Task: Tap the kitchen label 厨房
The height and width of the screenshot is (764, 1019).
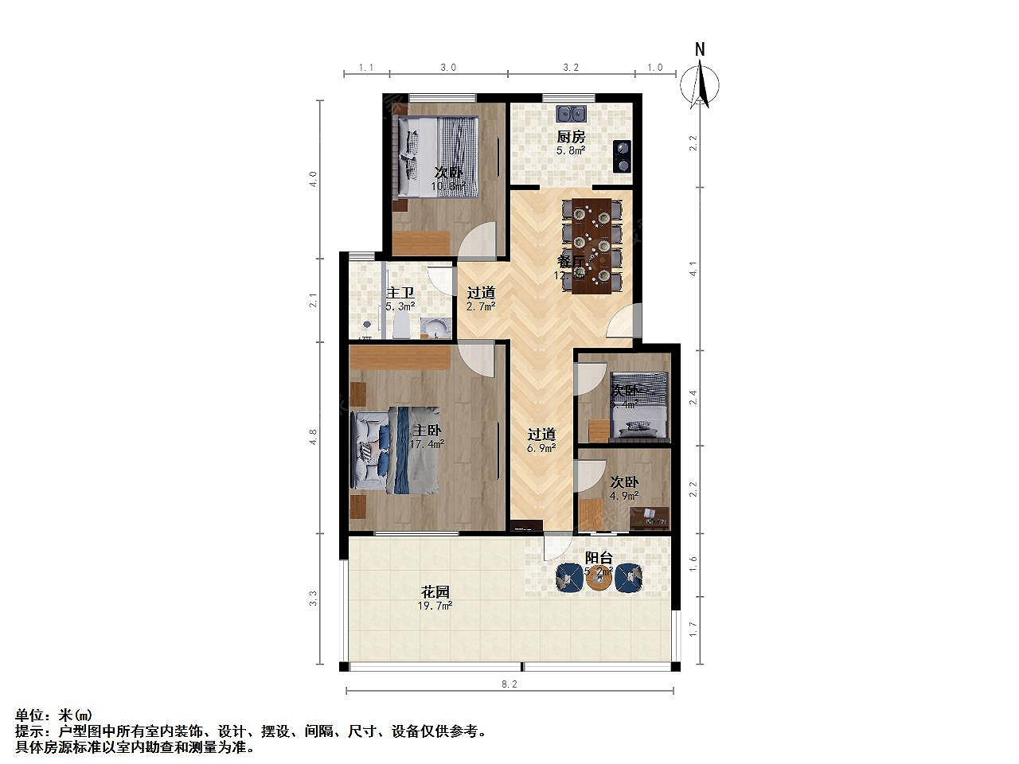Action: tap(570, 137)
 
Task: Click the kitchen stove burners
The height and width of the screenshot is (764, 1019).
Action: tap(622, 157)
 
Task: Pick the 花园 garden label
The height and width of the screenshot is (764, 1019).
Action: tap(435, 592)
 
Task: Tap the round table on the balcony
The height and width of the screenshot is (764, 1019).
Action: tap(599, 579)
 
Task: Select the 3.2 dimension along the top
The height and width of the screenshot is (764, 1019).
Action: tap(570, 68)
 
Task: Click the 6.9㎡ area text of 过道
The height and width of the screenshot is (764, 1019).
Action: tap(541, 448)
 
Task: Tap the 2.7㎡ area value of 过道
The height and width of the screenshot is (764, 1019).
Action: tap(481, 306)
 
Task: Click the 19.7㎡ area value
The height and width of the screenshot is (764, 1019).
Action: tap(436, 606)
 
